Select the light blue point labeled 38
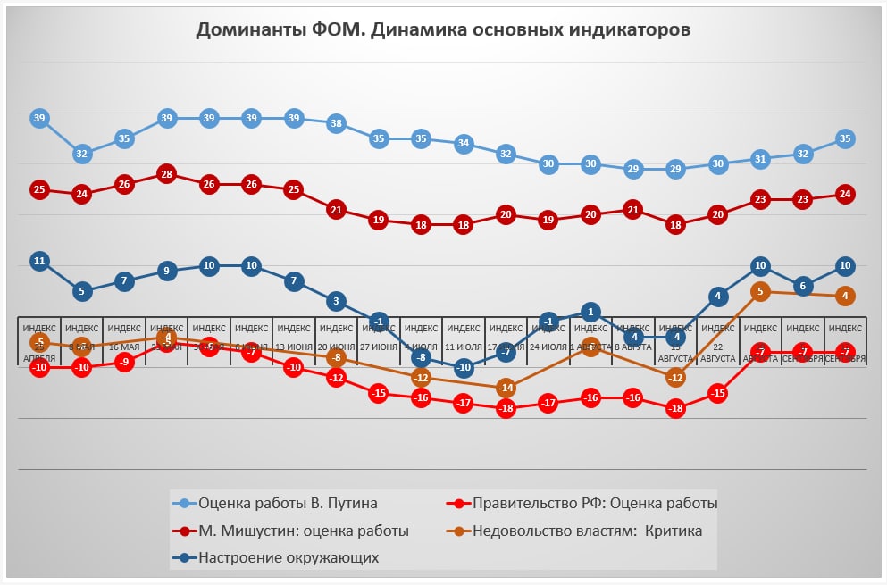coord(336,123)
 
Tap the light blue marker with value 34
coord(463,143)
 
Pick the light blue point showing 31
coord(760,159)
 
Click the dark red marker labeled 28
coord(166,174)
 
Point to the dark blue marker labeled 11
coord(39,261)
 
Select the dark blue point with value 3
coord(336,301)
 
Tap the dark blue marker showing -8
coord(421,357)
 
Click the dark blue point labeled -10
coord(463,367)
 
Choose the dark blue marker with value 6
coord(802,286)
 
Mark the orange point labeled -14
coord(506,388)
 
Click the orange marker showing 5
coord(760,291)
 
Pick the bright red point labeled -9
coord(124,362)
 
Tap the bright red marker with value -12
coord(336,378)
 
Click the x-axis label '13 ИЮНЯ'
coord(294,347)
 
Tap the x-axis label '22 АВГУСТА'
coord(718,352)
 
